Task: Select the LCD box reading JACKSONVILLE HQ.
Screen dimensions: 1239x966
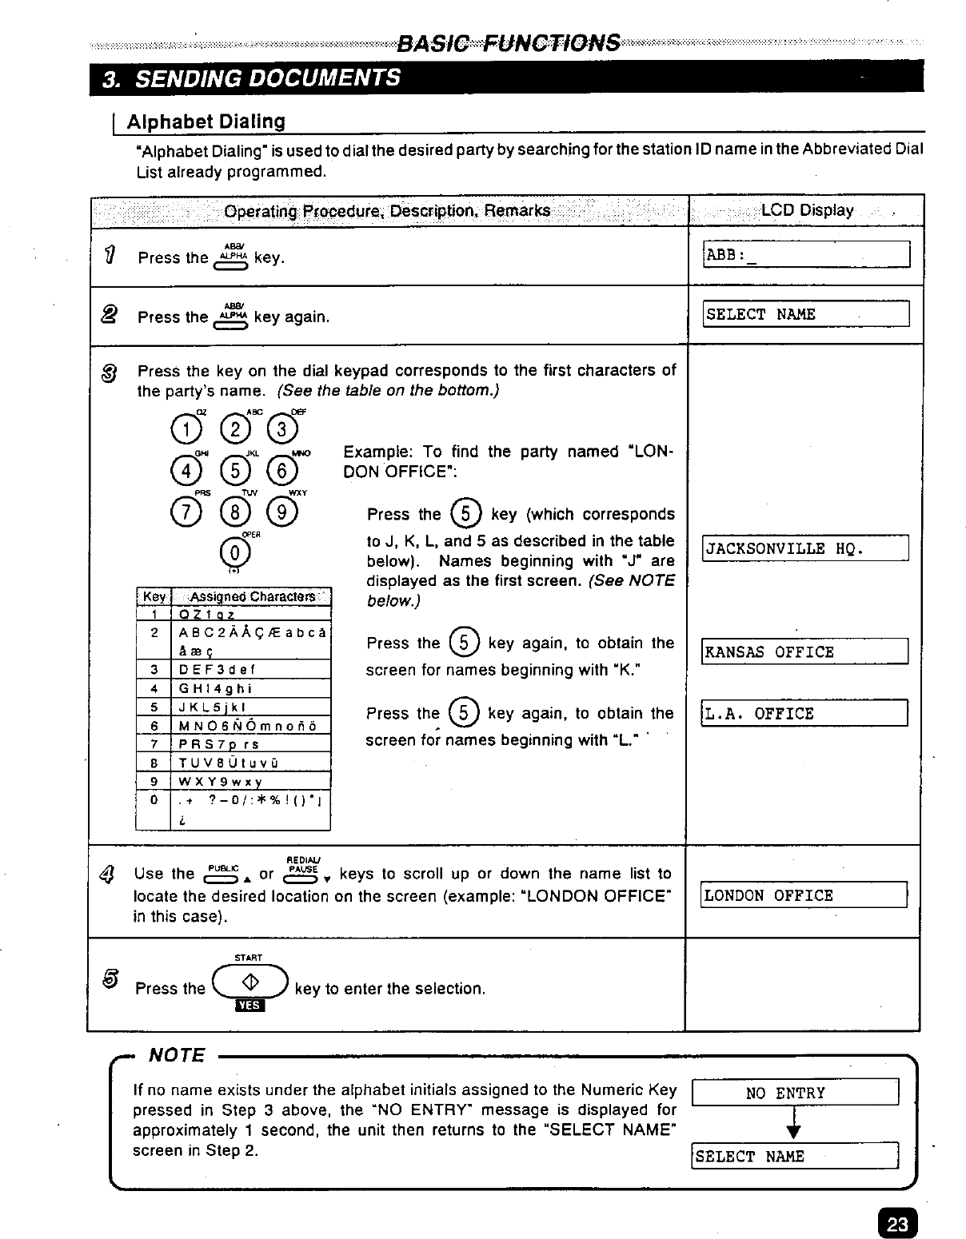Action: (804, 548)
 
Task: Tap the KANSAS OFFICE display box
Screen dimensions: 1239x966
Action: (804, 651)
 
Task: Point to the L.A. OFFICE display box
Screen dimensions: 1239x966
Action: (804, 713)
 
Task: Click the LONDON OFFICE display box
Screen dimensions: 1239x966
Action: (804, 895)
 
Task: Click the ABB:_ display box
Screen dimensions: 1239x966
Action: (806, 254)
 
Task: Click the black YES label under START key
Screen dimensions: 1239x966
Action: (249, 1006)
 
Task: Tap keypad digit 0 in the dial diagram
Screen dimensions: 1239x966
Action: (234, 552)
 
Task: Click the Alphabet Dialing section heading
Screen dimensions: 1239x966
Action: (206, 122)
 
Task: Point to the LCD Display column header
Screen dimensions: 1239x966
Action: (806, 210)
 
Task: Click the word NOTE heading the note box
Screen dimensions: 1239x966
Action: (178, 1055)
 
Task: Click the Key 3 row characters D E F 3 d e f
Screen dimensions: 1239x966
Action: (217, 669)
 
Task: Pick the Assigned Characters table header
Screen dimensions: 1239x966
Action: (250, 596)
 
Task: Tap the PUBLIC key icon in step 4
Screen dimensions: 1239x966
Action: (222, 874)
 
